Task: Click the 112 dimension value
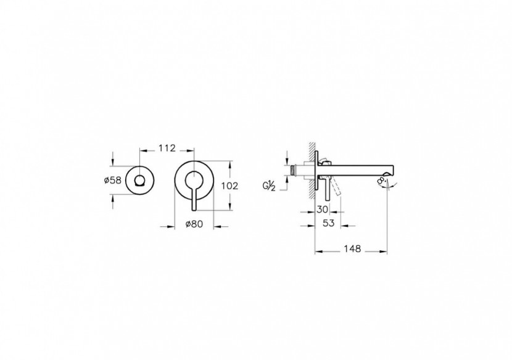[167, 149]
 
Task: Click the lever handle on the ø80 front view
[194, 195]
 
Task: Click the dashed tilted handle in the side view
[336, 187]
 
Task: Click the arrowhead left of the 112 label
[143, 149]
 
